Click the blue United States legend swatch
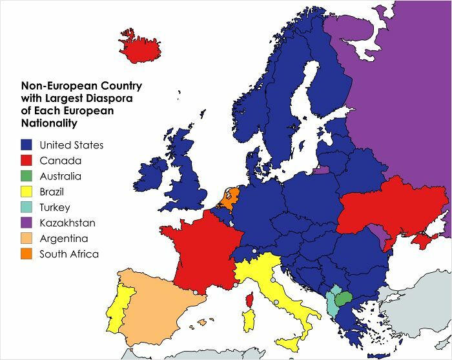coord(27,145)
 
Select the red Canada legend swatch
coord(27,161)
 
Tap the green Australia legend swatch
coord(27,176)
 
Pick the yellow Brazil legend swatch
coord(27,192)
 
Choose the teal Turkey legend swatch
coord(27,208)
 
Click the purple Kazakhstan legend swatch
coord(27,223)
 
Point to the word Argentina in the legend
coord(64,239)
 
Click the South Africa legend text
coord(69,254)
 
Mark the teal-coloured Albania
coord(331,304)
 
